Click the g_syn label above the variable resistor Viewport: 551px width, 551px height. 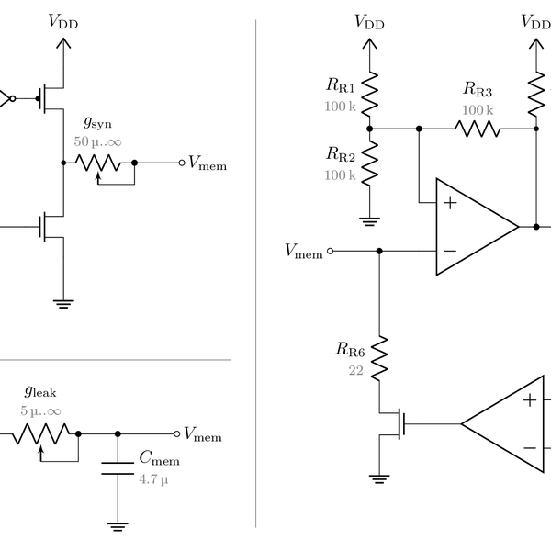coord(97,122)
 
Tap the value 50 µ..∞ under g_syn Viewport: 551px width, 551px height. coord(97,143)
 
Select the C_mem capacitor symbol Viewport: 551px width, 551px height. coord(118,467)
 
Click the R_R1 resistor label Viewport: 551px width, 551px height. coord(343,84)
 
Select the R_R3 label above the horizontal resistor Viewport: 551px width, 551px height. coord(477,90)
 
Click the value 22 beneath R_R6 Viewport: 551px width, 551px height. coord(356,370)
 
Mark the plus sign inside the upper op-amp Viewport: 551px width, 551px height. coord(450,202)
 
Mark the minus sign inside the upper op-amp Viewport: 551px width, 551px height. coord(450,250)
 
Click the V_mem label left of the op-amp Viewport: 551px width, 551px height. coord(304,251)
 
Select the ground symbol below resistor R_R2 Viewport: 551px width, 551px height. coord(369,219)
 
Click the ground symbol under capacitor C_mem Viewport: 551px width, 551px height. coord(118,526)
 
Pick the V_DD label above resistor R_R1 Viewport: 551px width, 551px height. coord(369,22)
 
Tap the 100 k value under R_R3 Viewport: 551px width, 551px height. coord(477,110)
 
